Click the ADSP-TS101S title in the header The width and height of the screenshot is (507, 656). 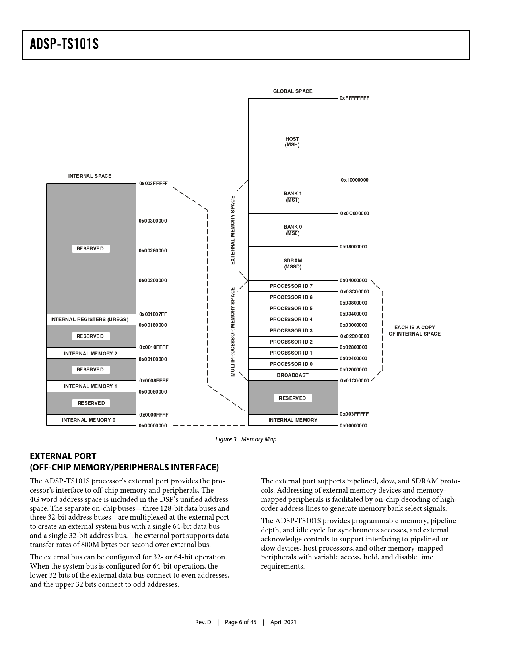coord(64,44)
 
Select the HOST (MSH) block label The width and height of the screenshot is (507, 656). coord(292,142)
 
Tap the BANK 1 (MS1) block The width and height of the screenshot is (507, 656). coord(292,197)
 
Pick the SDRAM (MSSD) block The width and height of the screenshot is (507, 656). coord(292,264)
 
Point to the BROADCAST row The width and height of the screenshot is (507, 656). coord(292,375)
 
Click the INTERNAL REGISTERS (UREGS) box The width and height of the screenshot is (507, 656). coord(89,320)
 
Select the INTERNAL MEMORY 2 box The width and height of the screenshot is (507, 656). coord(91,353)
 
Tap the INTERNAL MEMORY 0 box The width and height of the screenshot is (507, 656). coord(89,420)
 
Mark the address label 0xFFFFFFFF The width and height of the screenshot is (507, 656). coord(354,98)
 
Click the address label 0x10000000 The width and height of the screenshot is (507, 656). coord(354,180)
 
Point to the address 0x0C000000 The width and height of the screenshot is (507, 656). coord(354,213)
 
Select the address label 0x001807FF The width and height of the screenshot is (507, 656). coord(153,314)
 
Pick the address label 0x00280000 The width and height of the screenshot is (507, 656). coord(153,251)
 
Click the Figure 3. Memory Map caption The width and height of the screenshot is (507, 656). coord(246,439)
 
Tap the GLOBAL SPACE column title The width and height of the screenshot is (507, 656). coord(292,91)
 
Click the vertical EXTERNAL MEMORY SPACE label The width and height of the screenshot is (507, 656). coord(233,230)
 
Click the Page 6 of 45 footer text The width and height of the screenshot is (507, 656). coord(241,622)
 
